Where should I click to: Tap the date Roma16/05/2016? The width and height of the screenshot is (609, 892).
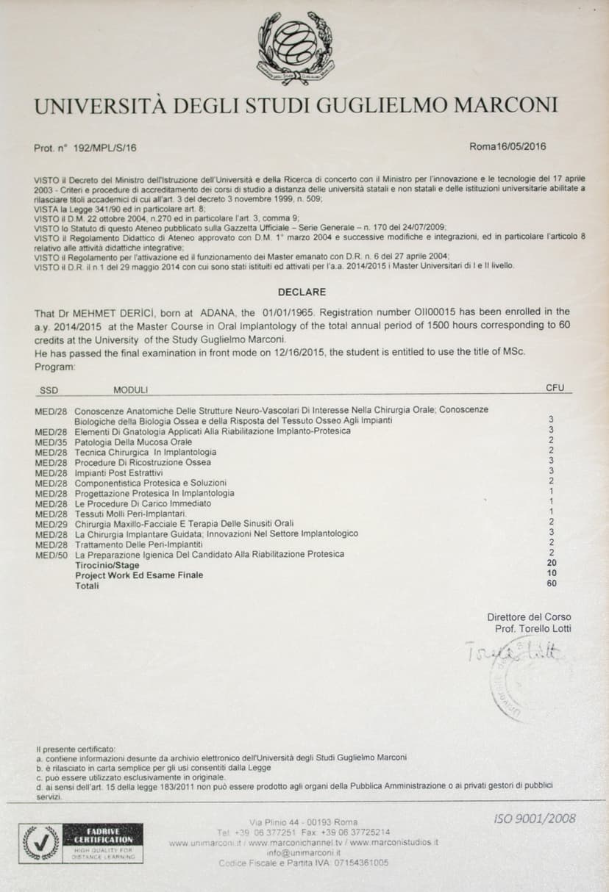508,146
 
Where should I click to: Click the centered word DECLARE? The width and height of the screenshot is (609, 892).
302,292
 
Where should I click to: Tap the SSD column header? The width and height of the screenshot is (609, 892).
48,390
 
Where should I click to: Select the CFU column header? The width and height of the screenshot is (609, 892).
555,387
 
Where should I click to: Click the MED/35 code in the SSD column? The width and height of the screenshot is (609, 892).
51,442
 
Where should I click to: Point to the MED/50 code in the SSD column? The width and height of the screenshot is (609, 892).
51,555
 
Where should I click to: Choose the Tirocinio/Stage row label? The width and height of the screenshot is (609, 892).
107,565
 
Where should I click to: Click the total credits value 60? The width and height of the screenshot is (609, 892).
552,583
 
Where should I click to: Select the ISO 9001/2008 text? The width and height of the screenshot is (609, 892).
535,819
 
